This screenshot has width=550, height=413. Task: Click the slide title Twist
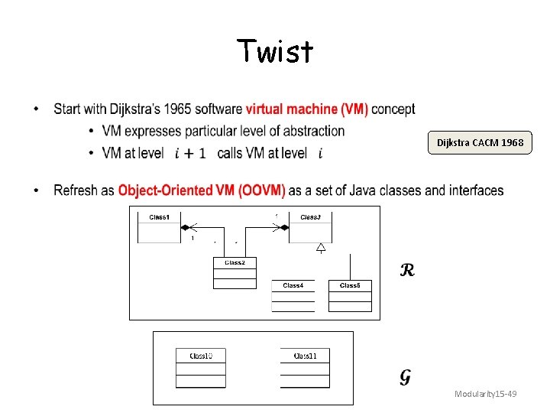275,52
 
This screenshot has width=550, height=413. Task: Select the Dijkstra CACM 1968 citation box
480,143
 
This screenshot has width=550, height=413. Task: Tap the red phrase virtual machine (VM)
306,109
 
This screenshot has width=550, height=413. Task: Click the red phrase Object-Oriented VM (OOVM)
202,190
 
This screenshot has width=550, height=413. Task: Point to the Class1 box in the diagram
159,227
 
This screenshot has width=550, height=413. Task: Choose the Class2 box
235,273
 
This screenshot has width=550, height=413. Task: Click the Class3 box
310,227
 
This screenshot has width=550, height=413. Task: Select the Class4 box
293,297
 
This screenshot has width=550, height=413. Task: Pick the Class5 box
350,296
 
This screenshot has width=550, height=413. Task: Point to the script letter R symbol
407,270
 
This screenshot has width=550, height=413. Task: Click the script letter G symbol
406,377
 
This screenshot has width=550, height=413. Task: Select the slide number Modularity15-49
485,394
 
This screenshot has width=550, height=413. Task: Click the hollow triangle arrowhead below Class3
321,247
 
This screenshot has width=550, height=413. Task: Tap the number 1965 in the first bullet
173,109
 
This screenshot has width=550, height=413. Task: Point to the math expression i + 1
190,154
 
